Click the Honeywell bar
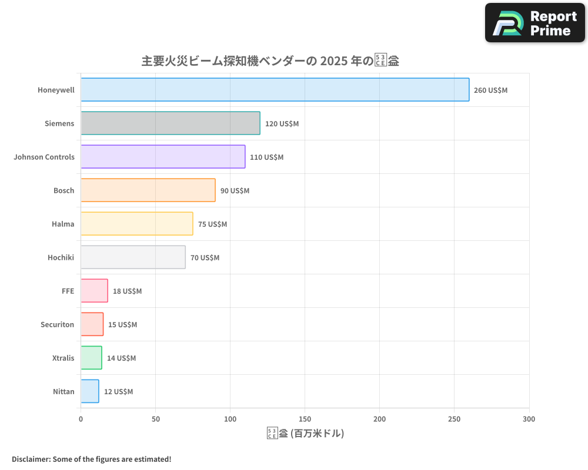click(275, 90)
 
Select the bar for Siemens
click(170, 123)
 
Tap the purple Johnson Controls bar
click(163, 157)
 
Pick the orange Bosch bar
click(148, 190)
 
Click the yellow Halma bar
click(136, 224)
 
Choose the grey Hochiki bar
click(133, 257)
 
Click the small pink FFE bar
click(94, 291)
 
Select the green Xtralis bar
click(91, 358)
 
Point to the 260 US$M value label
click(490, 90)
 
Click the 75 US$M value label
click(212, 224)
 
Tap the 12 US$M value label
click(118, 392)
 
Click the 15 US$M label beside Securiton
click(122, 325)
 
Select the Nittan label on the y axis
click(64, 391)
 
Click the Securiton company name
click(57, 324)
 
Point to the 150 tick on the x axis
click(305, 419)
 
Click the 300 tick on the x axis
click(529, 419)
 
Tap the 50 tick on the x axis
click(155, 419)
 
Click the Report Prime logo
click(534, 23)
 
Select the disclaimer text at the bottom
click(91, 459)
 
